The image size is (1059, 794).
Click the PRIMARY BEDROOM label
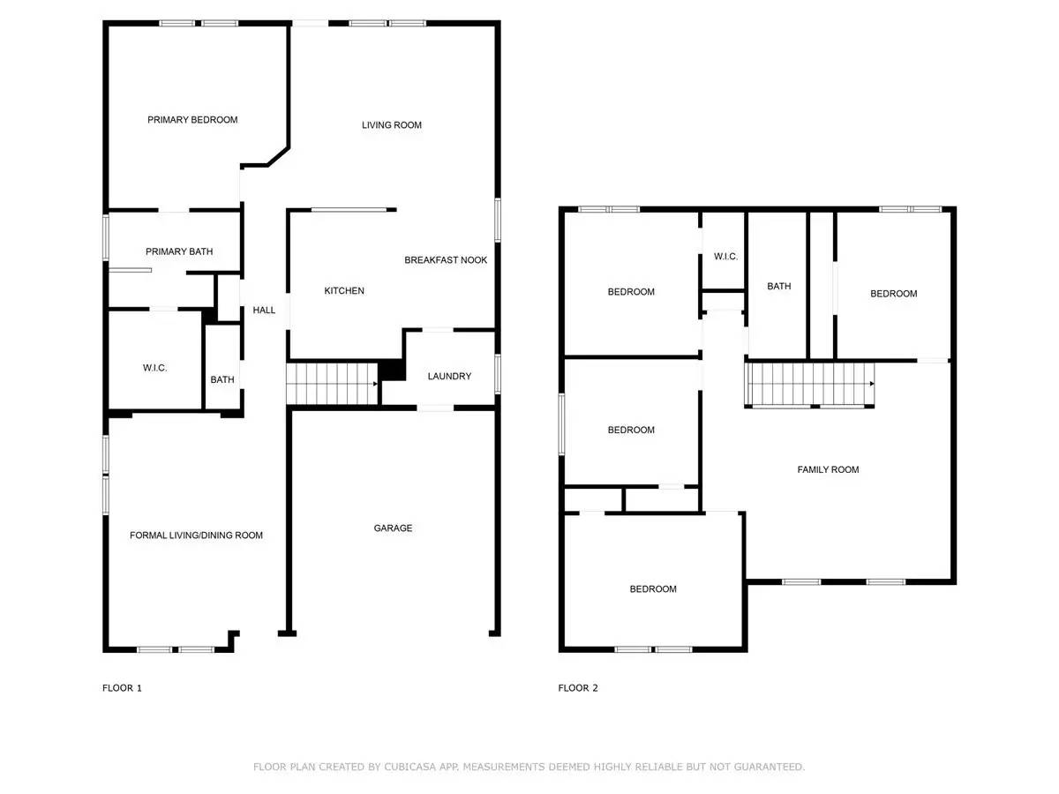192,120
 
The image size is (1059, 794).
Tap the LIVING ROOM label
392,125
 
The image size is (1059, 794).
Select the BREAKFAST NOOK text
446,260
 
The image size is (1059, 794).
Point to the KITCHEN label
344,291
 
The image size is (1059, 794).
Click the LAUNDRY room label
449,377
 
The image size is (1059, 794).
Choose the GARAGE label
393,528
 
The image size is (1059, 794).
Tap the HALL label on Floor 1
264,311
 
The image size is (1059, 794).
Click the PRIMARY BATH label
179,252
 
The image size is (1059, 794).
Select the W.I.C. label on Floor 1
154,368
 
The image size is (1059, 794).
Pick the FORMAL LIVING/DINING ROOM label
196,536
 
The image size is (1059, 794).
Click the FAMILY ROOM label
828,470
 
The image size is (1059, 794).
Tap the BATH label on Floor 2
778,287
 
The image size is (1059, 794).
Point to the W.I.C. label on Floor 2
725,257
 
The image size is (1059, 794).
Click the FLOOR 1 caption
122,688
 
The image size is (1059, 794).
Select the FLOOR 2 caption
578,688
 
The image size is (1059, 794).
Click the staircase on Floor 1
331,384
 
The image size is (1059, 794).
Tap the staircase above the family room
810,385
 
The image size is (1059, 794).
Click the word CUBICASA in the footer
405,768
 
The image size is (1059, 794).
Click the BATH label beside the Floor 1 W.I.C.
222,380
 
